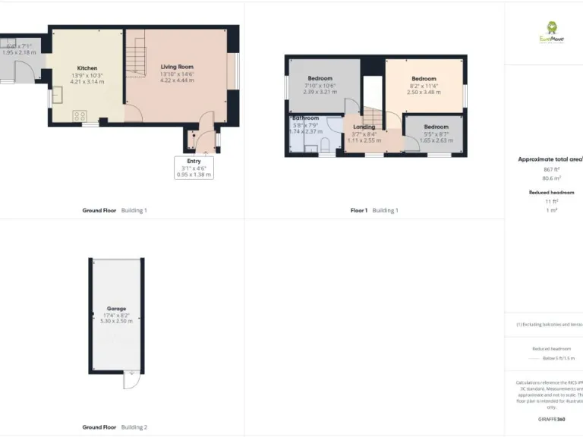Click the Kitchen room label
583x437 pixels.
tap(86, 68)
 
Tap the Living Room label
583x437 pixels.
tap(176, 67)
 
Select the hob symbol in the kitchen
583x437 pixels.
tap(79, 115)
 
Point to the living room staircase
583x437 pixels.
tap(135, 53)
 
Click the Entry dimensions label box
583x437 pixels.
tap(194, 168)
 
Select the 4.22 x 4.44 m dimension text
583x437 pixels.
tap(176, 81)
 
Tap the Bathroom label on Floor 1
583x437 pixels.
tap(305, 118)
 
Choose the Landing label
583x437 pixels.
tap(364, 127)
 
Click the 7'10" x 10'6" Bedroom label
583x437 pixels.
tap(320, 79)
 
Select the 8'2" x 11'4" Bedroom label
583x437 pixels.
tap(424, 79)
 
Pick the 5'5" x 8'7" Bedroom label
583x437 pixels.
tap(436, 127)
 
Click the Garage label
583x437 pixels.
tap(116, 309)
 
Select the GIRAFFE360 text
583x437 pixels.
tap(551, 419)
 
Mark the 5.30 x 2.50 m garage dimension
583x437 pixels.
tap(116, 322)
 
